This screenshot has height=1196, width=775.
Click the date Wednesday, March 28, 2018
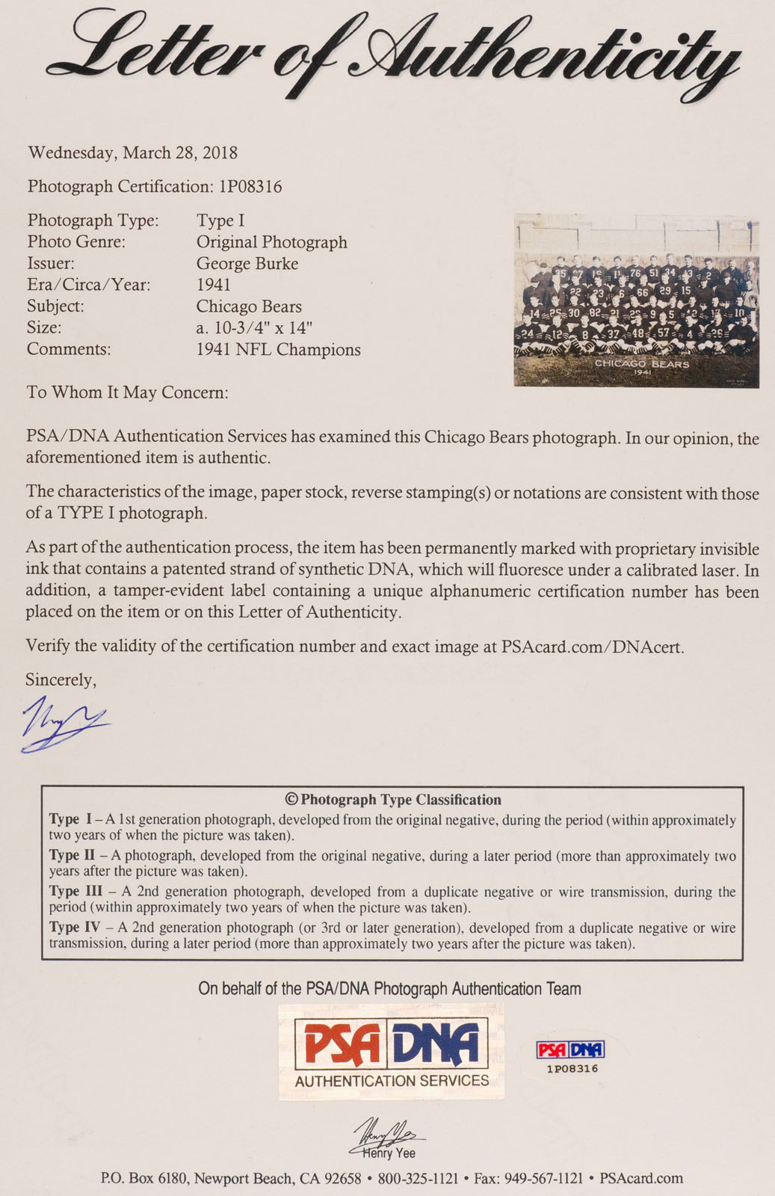coord(132,153)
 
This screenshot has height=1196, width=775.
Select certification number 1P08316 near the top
coord(250,187)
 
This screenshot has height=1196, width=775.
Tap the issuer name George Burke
coord(247,264)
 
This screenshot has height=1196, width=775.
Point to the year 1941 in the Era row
coord(213,285)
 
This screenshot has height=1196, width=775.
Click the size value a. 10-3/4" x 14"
coord(254,327)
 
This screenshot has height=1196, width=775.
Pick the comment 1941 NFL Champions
coord(278,350)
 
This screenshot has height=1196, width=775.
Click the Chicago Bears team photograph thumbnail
coord(636,300)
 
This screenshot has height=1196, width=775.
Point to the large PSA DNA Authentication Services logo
coord(392,1052)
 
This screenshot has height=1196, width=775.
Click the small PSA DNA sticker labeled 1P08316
coord(571,1055)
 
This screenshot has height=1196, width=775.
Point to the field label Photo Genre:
coord(76,242)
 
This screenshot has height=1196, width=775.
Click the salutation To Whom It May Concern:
coord(127,392)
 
